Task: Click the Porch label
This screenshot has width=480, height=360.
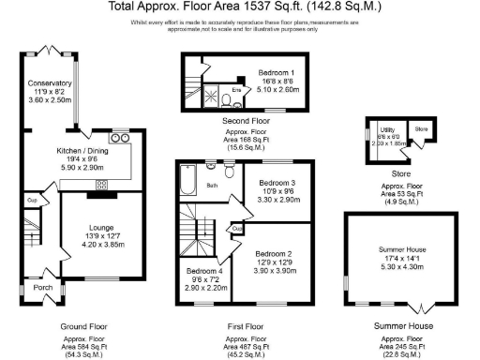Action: point(41,289)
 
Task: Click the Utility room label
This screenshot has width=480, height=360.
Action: point(386,130)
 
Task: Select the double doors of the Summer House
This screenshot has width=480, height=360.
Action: point(421,306)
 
